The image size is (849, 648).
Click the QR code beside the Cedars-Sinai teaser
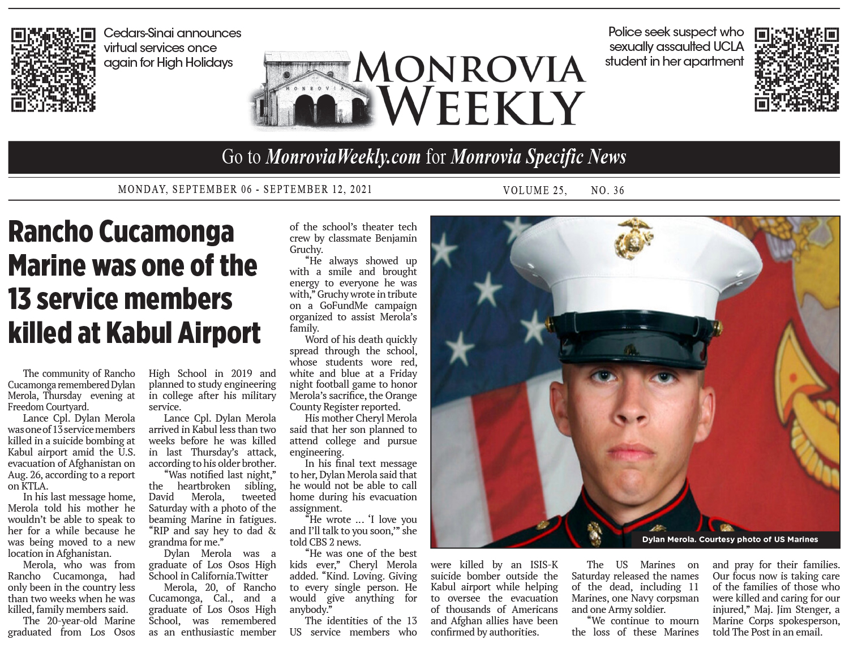(x=53, y=69)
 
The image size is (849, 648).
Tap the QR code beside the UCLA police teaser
(x=796, y=69)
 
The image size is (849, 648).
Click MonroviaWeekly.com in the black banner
(x=343, y=157)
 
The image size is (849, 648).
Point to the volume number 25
(x=557, y=191)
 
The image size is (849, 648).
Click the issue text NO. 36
(x=607, y=191)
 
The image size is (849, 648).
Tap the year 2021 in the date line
(x=361, y=190)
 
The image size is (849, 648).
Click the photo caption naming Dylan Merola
(x=730, y=539)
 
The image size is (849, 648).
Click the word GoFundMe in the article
(x=344, y=306)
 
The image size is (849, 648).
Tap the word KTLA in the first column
(x=35, y=486)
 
